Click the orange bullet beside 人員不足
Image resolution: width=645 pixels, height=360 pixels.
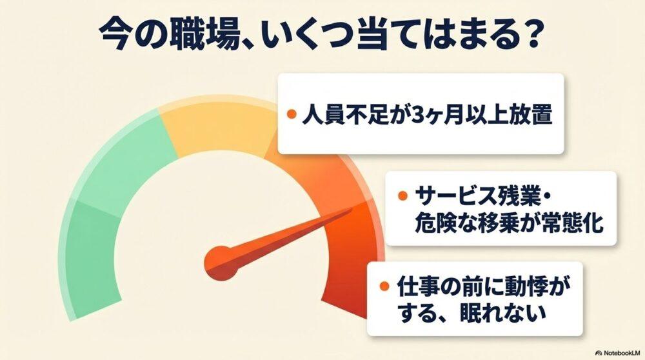292,114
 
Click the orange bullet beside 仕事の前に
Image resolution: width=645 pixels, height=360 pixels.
384,286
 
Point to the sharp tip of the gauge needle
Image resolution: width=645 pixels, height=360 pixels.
353,208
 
